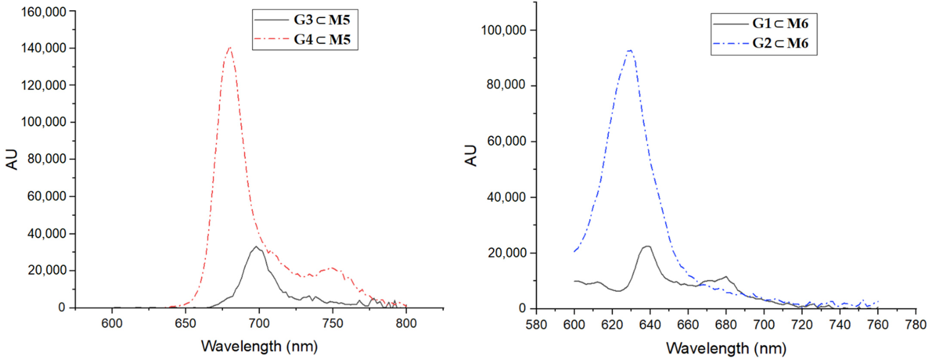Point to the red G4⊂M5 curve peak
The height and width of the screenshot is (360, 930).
pyautogui.click(x=230, y=47)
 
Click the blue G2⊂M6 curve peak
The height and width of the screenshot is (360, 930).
pyautogui.click(x=630, y=51)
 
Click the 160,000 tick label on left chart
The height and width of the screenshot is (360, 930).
pyautogui.click(x=44, y=12)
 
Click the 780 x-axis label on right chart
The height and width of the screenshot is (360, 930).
pyautogui.click(x=916, y=325)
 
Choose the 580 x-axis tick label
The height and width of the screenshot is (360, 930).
pyautogui.click(x=536, y=325)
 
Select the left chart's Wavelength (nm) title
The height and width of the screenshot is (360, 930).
pyautogui.click(x=259, y=346)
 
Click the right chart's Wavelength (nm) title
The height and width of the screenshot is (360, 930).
pyautogui.click(x=726, y=348)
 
